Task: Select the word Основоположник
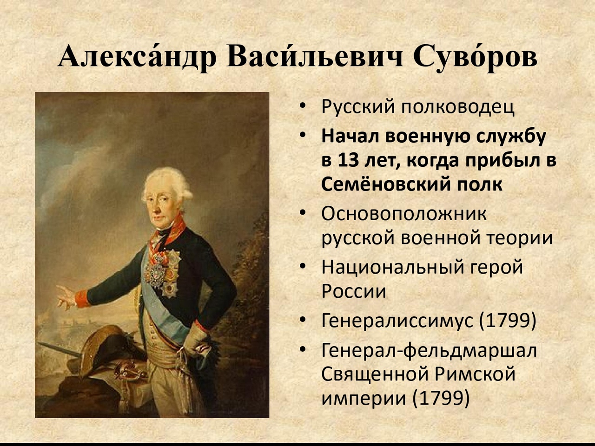point(404,214)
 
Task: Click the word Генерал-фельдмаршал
point(430,351)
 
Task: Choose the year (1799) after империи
point(441,398)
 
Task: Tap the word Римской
point(475,374)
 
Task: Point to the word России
point(354,291)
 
